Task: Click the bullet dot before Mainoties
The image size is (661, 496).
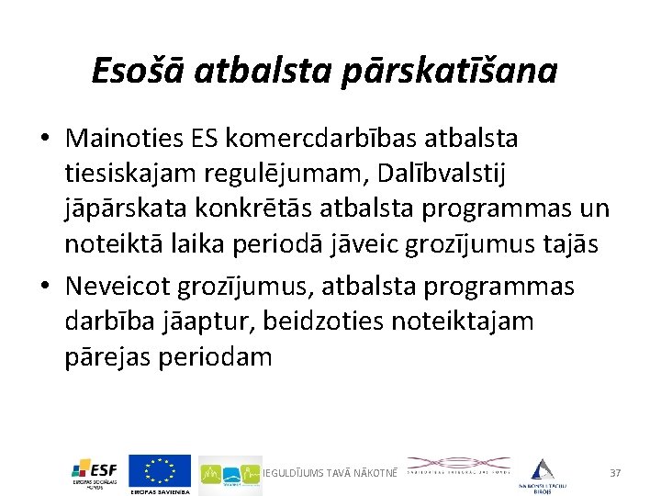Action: tap(44, 139)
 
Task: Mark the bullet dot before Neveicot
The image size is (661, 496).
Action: tap(44, 287)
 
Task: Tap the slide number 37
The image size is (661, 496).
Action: tap(615, 472)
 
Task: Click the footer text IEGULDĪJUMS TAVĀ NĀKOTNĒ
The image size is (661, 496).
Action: tap(330, 472)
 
